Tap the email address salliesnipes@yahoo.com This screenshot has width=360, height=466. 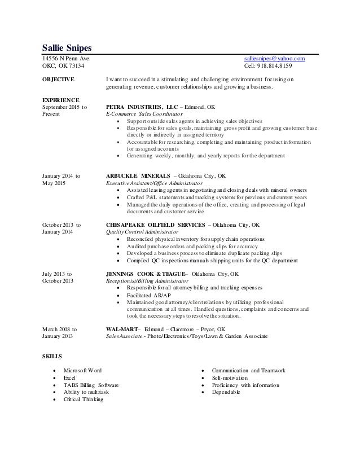pyautogui.click(x=274, y=59)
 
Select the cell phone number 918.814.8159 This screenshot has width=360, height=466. pyautogui.click(x=284, y=67)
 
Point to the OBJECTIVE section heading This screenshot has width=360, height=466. pyautogui.click(x=59, y=80)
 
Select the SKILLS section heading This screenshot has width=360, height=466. pyautogui.click(x=53, y=357)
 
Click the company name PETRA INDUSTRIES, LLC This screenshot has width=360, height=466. pyautogui.click(x=138, y=107)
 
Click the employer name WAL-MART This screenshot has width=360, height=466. pyautogui.click(x=122, y=328)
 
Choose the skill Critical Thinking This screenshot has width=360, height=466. pyautogui.click(x=84, y=399)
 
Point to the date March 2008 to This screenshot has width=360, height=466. pyautogui.click(x=60, y=328)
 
